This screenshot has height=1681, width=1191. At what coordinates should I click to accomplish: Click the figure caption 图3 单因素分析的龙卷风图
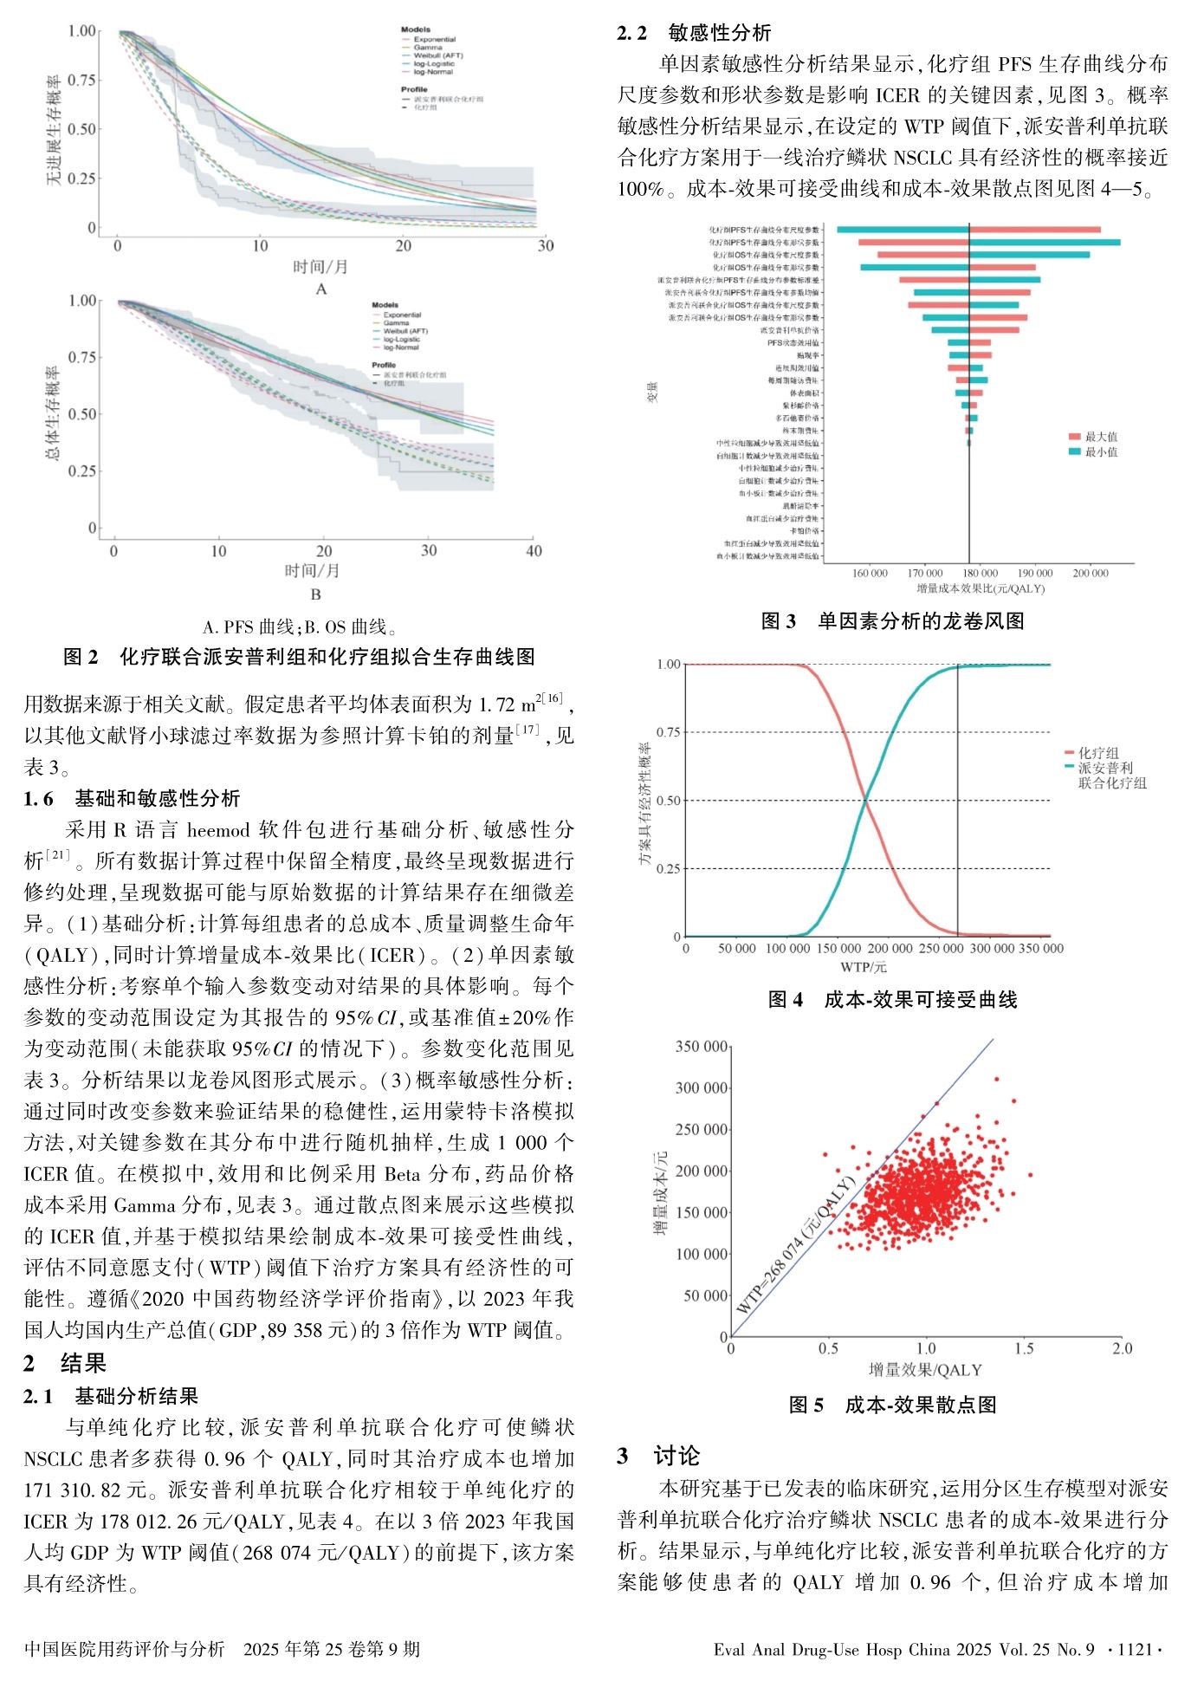(892, 621)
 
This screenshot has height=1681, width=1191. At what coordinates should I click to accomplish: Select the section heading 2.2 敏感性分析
(694, 33)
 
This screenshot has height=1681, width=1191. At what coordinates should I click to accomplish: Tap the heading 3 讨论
(658, 1456)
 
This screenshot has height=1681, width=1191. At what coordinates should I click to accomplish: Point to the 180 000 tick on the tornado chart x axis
(980, 574)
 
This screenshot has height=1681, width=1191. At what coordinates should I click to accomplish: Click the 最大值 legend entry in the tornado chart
(1101, 437)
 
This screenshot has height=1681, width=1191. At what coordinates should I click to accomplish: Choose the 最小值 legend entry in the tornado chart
(1101, 451)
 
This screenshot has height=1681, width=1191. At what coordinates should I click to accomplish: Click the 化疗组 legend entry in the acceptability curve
(1098, 753)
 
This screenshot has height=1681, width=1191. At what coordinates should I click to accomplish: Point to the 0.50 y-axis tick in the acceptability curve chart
(669, 801)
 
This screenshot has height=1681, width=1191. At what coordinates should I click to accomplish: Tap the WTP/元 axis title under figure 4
(863, 967)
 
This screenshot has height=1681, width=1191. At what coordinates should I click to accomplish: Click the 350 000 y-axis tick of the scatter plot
(701, 1047)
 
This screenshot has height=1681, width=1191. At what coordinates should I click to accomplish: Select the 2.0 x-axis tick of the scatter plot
(1122, 1348)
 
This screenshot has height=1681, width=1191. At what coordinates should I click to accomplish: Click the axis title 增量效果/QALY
(925, 1370)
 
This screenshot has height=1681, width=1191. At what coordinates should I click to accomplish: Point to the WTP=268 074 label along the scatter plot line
(795, 1246)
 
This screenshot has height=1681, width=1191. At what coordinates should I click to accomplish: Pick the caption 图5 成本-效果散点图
(892, 1405)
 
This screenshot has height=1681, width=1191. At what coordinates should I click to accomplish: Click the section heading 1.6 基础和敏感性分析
(132, 798)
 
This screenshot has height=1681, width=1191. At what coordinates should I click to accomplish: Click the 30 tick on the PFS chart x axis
(545, 246)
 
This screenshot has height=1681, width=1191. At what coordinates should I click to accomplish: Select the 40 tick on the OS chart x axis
(534, 551)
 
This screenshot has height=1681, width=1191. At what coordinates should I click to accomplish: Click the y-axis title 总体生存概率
(54, 413)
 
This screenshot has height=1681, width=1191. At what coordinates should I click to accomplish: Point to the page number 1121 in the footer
(1135, 1650)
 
